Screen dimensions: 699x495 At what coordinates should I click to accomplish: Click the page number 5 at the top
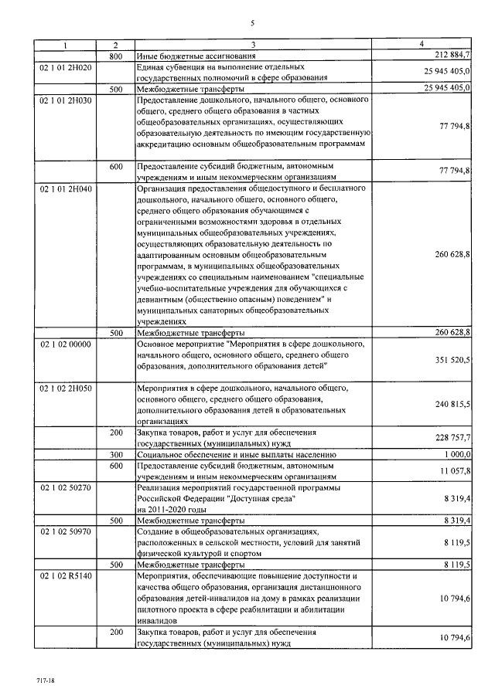[x=252, y=24]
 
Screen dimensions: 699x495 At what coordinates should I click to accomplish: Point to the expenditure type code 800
[x=115, y=56]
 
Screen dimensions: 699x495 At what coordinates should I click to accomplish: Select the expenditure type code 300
[x=115, y=455]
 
